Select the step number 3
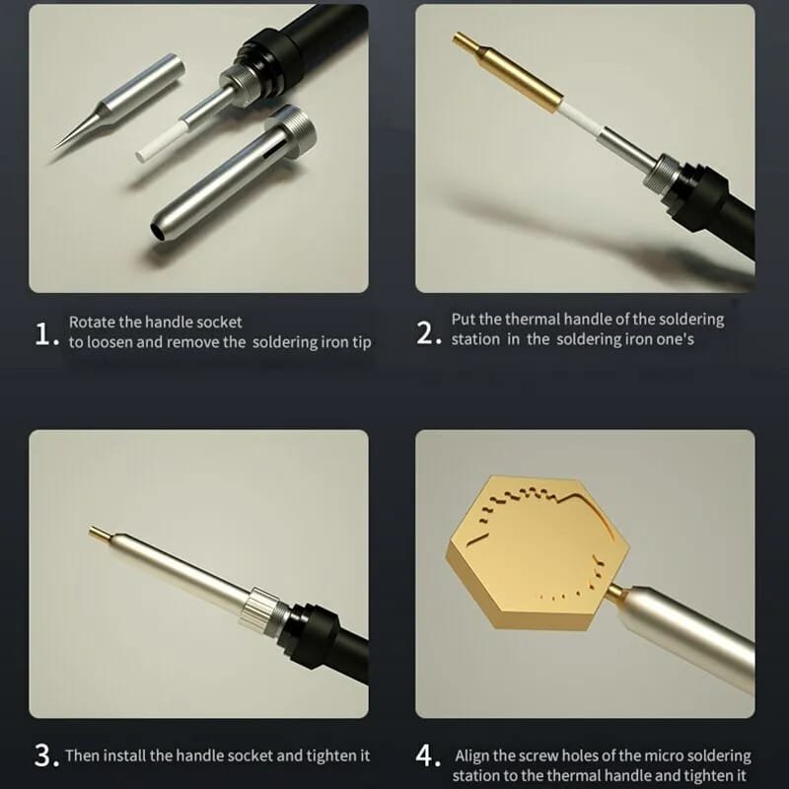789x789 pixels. [44, 756]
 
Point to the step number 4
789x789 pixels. [427, 756]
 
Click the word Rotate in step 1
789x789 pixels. [91, 322]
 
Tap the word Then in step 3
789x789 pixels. [83, 756]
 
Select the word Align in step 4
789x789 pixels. [473, 755]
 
